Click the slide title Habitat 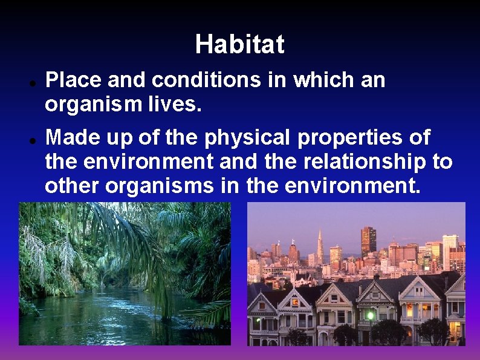(x=239, y=44)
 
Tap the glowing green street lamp (x=369, y=315)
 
